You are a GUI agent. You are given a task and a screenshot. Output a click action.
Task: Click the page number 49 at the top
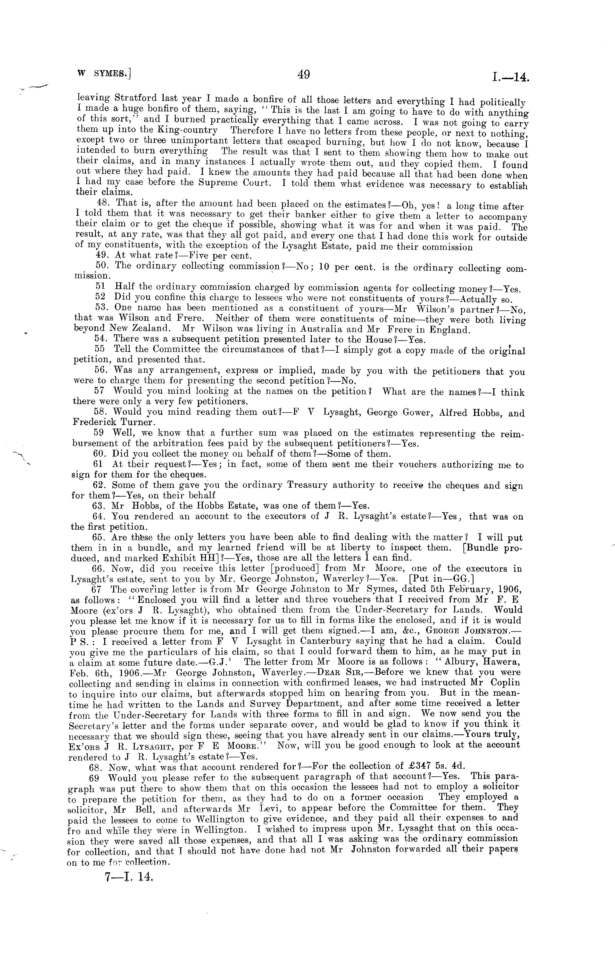(x=303, y=74)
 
